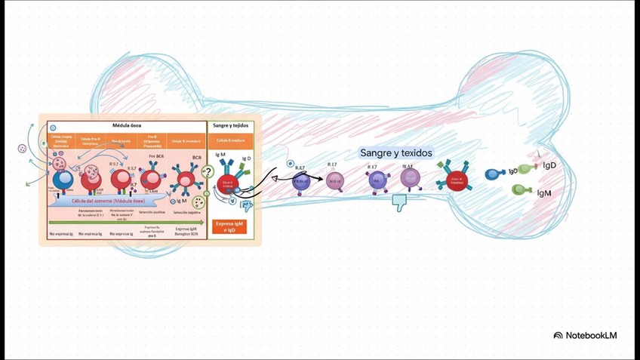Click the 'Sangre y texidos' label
396,153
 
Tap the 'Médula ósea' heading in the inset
127,125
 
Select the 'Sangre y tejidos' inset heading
232,125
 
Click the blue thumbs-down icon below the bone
399,202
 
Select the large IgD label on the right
549,165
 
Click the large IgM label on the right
543,193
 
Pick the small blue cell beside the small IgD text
494,174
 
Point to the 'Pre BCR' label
156,155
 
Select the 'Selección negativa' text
187,213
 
